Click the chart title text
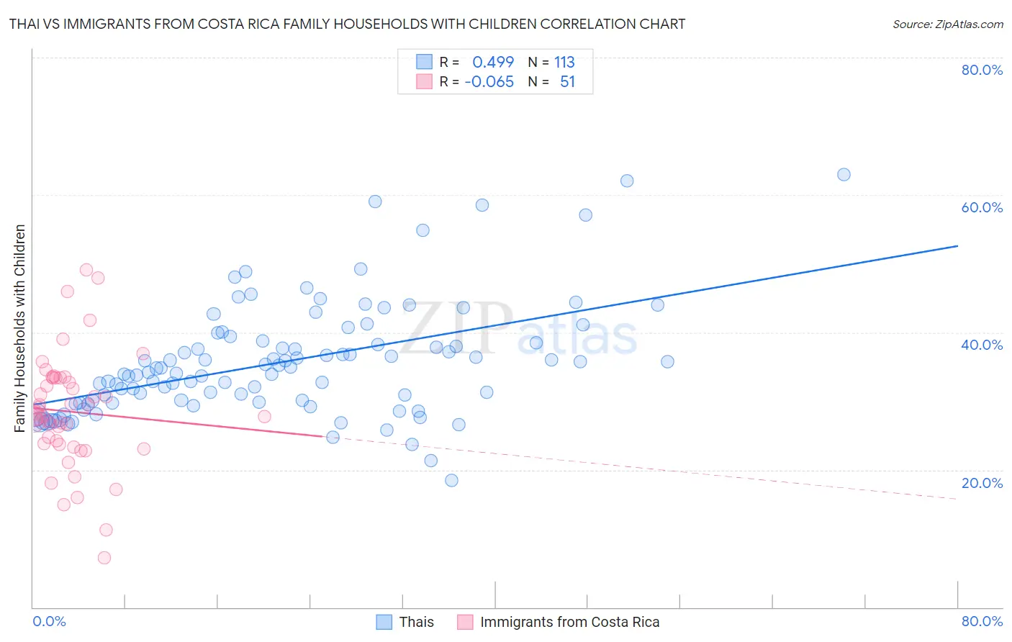tap(347, 24)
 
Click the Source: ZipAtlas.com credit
tap(947, 24)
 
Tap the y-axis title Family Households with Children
tap(19, 328)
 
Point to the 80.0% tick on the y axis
tap(982, 70)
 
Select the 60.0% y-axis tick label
tap(982, 207)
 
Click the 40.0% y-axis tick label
tap(982, 345)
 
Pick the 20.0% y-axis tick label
tap(982, 483)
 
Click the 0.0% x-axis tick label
tap(49, 621)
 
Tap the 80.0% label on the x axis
tap(982, 621)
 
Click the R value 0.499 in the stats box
tap(493, 62)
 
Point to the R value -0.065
tap(489, 81)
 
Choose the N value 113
tap(564, 62)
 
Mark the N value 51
tap(567, 81)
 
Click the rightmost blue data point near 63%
tap(844, 174)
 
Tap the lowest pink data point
tap(104, 558)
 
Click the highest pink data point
tap(86, 270)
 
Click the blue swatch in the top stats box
tap(424, 62)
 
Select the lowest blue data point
tap(451, 480)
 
